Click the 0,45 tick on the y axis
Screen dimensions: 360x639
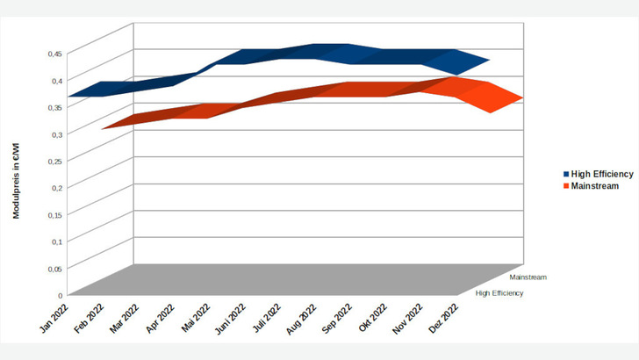pos(54,54)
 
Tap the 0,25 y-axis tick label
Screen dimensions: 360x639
pos(54,161)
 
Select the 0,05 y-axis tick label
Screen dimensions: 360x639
pos(54,269)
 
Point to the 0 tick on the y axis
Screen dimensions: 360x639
pos(61,295)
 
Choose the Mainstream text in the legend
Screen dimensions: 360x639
pos(594,186)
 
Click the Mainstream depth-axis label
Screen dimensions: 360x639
pos(528,277)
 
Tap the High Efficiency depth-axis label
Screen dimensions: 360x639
pos(499,293)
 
